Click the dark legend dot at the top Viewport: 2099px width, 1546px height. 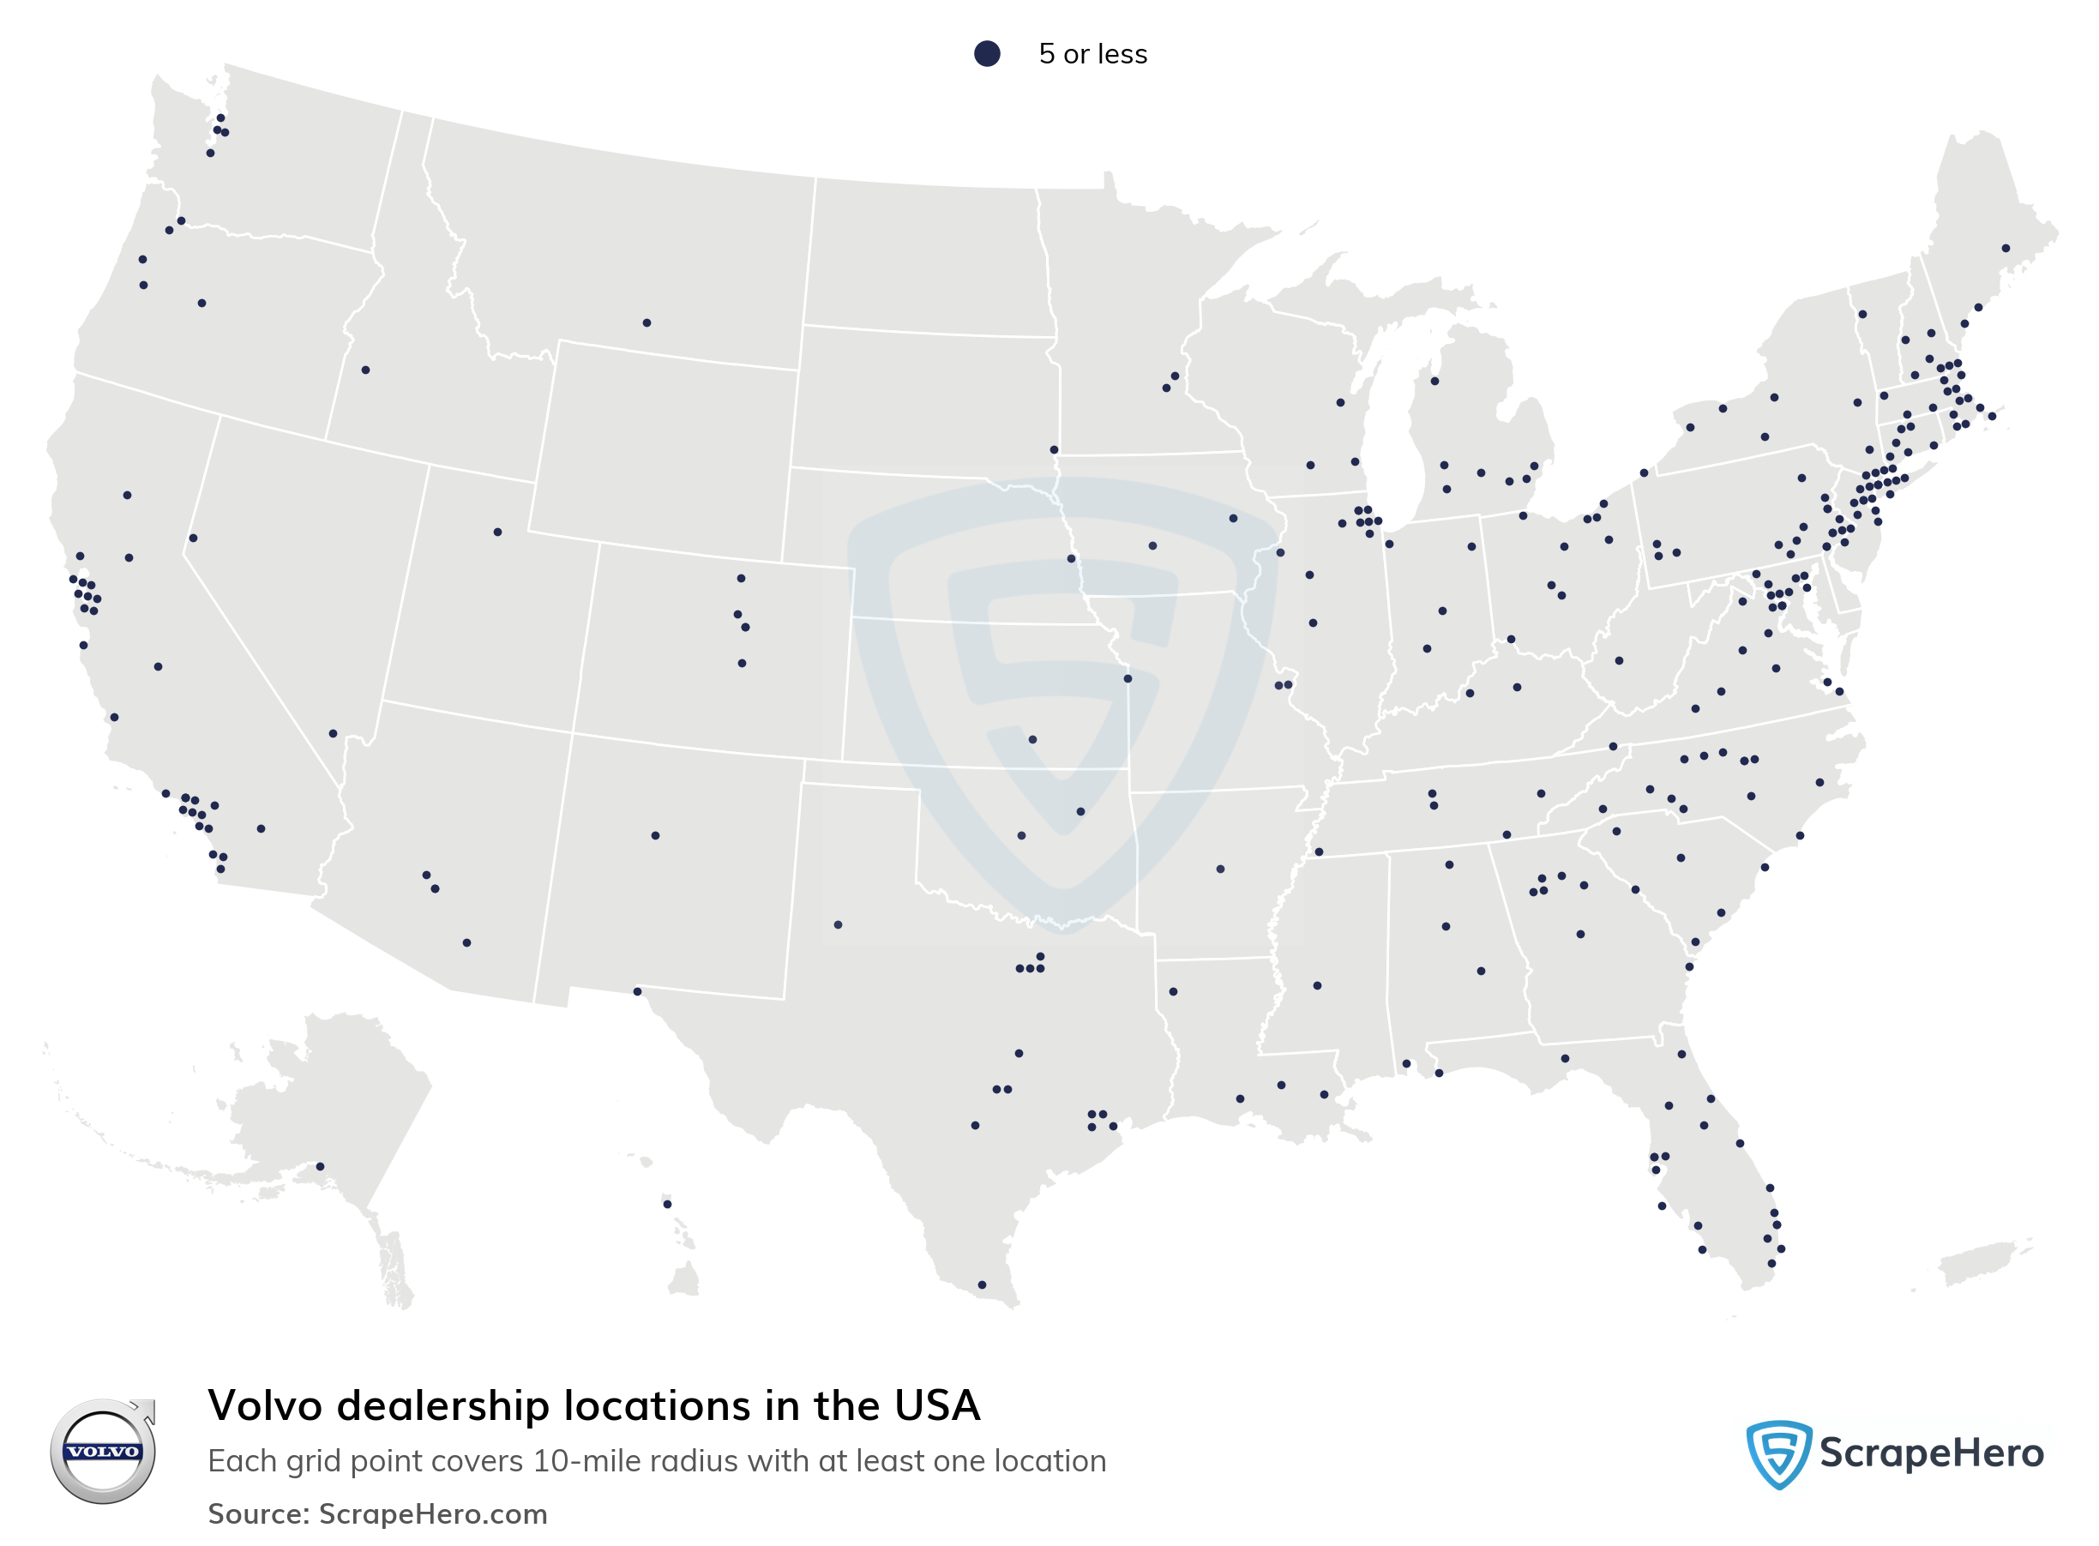[x=986, y=53]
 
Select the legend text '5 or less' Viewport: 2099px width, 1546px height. [x=1092, y=54]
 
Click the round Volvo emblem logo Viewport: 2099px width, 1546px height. [x=103, y=1451]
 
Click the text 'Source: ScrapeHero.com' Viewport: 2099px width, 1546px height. [x=377, y=1513]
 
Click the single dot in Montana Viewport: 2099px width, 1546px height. [x=647, y=323]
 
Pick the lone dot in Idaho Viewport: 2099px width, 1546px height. [x=365, y=370]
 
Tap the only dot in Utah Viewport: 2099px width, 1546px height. [x=497, y=532]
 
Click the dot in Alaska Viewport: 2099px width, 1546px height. [x=320, y=1166]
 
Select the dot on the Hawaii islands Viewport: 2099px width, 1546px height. [x=667, y=1204]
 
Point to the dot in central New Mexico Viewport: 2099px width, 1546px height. [x=655, y=836]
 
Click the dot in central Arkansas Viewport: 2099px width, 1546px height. [x=1220, y=869]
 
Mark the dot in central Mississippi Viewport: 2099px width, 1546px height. [x=1317, y=985]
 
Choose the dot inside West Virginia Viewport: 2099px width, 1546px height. [x=1619, y=661]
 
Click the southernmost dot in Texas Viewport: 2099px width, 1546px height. [x=982, y=1284]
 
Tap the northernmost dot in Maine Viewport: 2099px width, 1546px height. [x=2006, y=249]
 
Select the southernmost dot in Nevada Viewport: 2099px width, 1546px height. [x=332, y=734]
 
